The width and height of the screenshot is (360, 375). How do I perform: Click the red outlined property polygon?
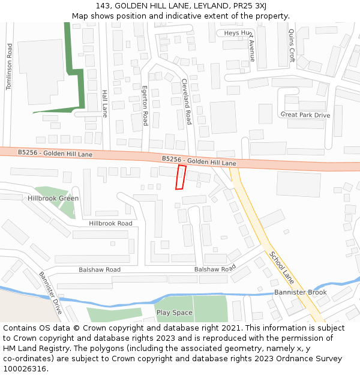181,178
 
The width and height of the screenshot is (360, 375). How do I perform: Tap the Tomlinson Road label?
9,67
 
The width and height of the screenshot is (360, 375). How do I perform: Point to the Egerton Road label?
145,106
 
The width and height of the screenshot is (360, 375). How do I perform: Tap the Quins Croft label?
292,46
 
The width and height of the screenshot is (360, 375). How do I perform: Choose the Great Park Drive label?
305,115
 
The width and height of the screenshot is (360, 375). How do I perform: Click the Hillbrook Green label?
53,198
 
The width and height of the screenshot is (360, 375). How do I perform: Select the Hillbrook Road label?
110,223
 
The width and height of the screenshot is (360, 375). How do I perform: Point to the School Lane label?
281,267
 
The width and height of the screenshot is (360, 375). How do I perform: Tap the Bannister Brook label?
300,292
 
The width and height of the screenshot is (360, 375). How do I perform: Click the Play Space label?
174,313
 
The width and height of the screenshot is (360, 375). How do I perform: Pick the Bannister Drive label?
50,293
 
